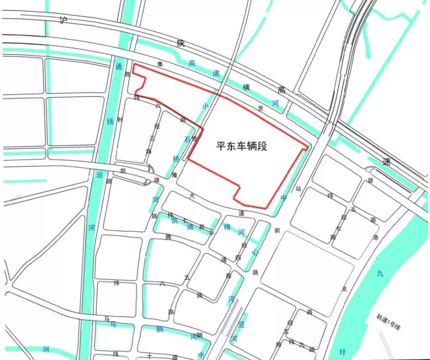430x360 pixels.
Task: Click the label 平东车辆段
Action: coord(242,146)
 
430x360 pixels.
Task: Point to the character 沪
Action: coord(63,21)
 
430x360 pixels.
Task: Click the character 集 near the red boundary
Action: coord(160,64)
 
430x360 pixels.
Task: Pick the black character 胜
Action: coord(127,74)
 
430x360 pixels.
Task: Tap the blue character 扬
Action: coord(110,122)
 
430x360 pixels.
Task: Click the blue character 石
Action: coord(187,139)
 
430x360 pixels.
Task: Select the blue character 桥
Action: coord(176,159)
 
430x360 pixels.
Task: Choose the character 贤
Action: coord(260,109)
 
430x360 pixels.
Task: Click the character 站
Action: coord(298,188)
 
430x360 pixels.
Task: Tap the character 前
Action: coord(277,230)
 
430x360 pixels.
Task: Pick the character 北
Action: coord(344,289)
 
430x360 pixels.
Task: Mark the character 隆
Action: coord(174,175)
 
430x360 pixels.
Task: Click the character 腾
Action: coord(168,237)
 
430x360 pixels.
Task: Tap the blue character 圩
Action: coord(342,351)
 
